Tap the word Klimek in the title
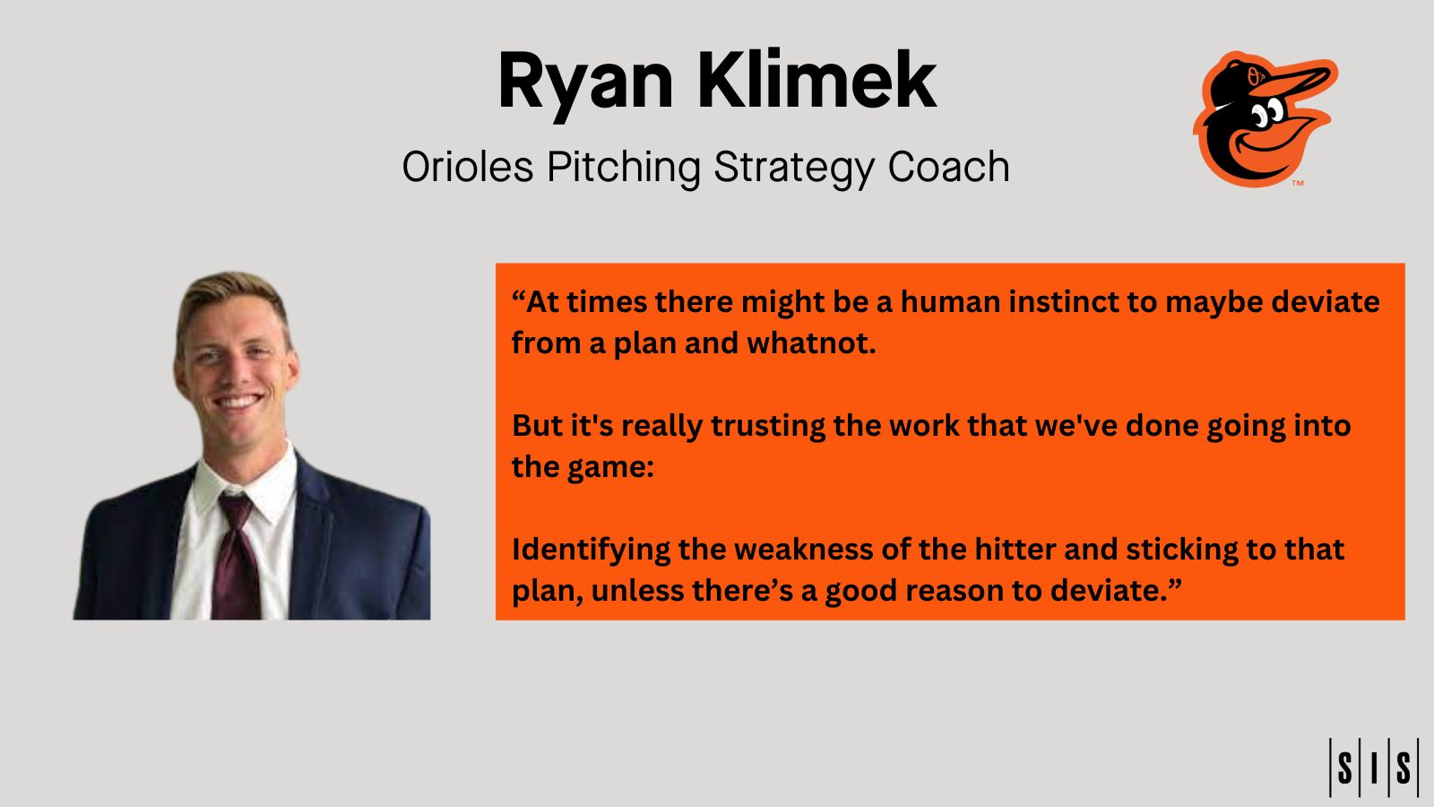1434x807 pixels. tap(817, 80)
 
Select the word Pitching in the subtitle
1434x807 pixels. tap(624, 169)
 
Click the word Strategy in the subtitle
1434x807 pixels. tap(794, 169)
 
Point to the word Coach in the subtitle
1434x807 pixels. tap(949, 167)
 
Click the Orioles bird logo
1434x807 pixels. tap(1266, 119)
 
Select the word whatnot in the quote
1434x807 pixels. tap(811, 343)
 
